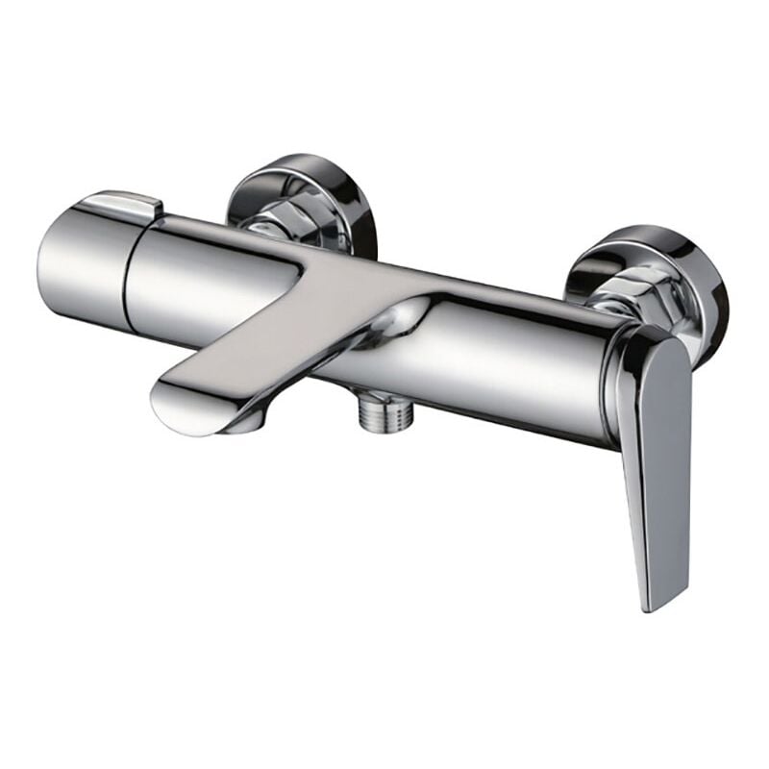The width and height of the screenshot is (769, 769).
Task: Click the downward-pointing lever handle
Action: [x=654, y=452]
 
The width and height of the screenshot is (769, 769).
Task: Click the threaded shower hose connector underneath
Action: [x=375, y=415]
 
